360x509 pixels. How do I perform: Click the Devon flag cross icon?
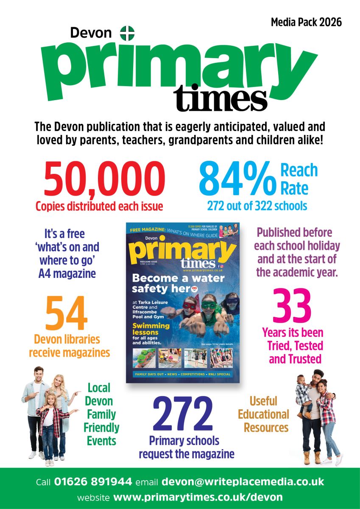[x=127, y=33]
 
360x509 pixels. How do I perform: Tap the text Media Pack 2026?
[x=306, y=22]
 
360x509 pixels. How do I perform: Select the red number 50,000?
[x=104, y=179]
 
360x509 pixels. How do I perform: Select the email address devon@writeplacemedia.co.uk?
[x=243, y=482]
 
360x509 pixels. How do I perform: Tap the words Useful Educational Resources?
[x=263, y=414]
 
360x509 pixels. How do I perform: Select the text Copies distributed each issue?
[x=100, y=207]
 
